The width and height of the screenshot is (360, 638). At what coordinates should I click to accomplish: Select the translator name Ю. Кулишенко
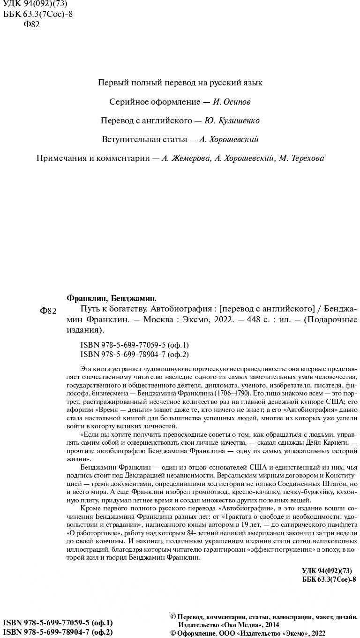click(x=232, y=121)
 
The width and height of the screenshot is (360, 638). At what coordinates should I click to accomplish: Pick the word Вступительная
click(x=130, y=139)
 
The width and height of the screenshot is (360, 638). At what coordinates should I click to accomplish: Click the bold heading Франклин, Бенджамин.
click(x=112, y=298)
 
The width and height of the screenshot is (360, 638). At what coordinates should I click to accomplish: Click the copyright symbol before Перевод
click(x=173, y=617)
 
